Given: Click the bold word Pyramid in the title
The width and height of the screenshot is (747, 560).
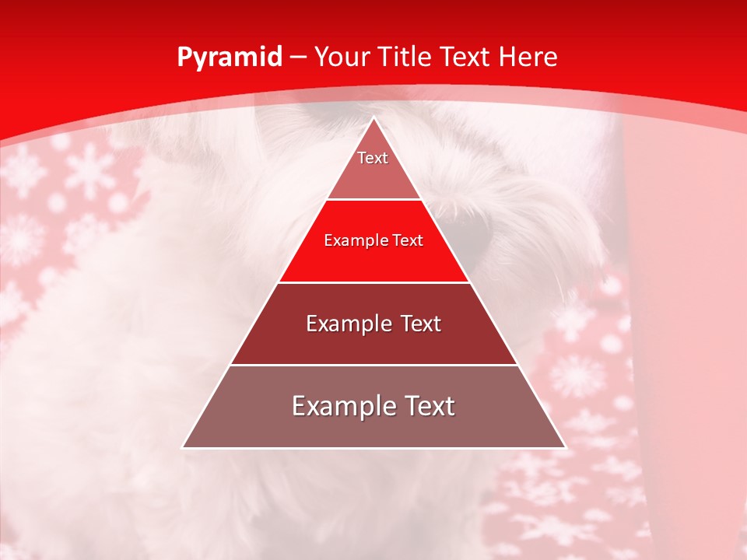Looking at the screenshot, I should (230, 57).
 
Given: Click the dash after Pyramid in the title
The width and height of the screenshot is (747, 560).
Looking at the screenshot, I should (298, 58).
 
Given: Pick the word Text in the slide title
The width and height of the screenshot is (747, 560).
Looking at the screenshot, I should (469, 57).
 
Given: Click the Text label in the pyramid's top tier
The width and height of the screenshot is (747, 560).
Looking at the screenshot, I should (373, 158).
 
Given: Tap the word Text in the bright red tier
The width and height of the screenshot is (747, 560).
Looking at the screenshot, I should (408, 240).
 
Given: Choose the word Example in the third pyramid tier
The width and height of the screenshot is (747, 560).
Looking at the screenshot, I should (346, 324).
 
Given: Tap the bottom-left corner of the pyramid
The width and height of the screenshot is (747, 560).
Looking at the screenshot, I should (183, 448).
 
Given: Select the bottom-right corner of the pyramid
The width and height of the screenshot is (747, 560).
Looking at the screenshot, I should (566, 448).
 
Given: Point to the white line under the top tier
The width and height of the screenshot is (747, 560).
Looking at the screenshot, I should (373, 200).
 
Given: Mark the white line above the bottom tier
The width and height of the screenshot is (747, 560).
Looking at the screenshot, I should (373, 366).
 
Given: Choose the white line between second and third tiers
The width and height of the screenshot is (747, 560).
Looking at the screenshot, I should (373, 282).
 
